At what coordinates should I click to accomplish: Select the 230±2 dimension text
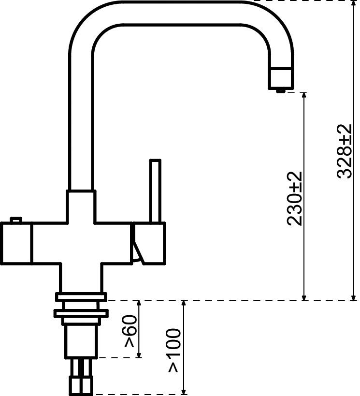(294, 198)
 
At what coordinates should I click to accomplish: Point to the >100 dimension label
(174, 351)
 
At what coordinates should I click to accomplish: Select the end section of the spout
(281, 78)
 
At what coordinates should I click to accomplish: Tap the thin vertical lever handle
(155, 191)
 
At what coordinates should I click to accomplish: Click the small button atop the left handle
(16, 220)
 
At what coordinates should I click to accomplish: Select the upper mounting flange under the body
(81, 297)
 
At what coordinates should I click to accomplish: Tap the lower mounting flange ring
(81, 314)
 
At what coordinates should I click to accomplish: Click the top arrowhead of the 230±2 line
(304, 96)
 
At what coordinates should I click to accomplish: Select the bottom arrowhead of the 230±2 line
(304, 296)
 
